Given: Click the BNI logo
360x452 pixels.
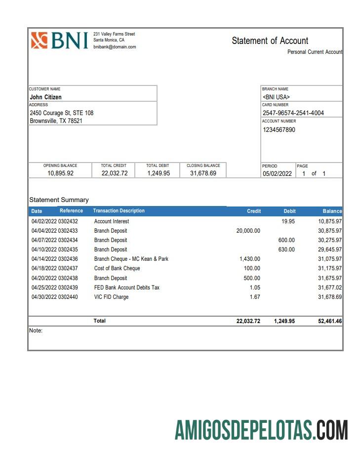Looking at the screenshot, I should pos(59,41).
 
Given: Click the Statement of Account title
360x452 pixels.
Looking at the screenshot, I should pos(270,41).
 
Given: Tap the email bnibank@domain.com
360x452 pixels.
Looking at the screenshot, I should pos(115,47).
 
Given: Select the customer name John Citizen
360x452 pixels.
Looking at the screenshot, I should pos(46,97).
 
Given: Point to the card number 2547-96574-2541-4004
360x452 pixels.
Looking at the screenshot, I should pos(293,113).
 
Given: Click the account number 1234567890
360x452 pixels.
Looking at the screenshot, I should pos(279,130).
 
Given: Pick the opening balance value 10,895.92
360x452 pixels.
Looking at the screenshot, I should pos(60,173).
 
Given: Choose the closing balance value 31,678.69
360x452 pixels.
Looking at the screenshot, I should pos(203,173).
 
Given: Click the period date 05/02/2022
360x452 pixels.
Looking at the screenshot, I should pos(277,174).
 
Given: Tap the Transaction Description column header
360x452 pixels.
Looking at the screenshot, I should pos(119,211).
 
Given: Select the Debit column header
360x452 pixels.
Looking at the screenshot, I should pos(289,211).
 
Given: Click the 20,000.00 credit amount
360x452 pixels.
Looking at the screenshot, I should pos(248,231).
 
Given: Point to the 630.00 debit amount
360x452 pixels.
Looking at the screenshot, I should pos(286,249).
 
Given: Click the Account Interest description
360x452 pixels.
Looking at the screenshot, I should pos(112,221).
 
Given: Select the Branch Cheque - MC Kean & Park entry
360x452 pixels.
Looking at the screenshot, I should pos(131,259).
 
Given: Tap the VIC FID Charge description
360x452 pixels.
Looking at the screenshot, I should pos(111,297).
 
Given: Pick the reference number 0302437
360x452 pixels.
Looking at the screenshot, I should pos(68,268).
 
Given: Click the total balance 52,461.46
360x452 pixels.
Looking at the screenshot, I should pos(330,321).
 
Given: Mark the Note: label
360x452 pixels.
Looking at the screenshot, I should pos(36,330).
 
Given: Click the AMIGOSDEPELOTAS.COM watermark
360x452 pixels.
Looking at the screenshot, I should pos(261,430).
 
